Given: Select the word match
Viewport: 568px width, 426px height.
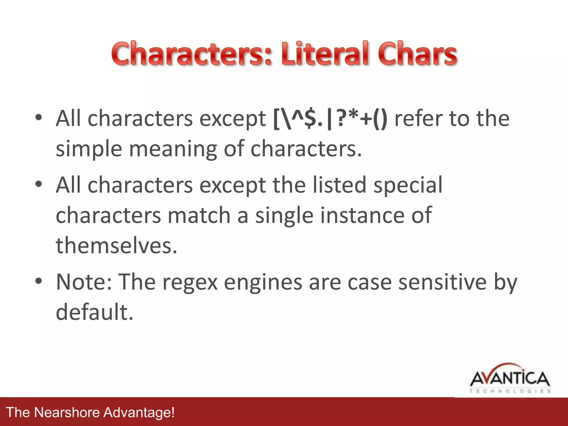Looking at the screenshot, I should click(x=199, y=215).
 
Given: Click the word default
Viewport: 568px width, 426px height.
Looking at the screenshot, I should click(x=95, y=312).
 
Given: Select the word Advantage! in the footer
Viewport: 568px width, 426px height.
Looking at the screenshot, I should click(x=139, y=412).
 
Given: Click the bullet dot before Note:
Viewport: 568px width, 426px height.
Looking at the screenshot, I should click(x=39, y=281).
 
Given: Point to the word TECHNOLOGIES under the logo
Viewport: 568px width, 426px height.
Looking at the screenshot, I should click(x=510, y=391).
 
